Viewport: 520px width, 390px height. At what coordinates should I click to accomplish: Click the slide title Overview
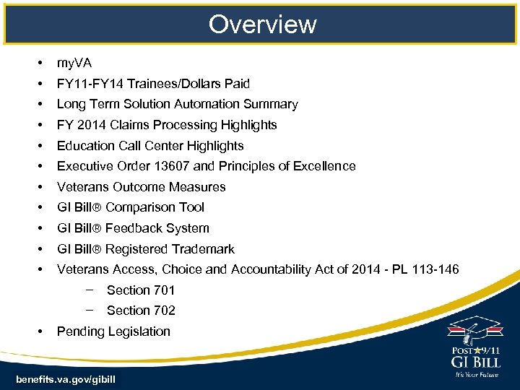pos(262,24)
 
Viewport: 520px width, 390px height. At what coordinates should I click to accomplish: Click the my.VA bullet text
pos(74,63)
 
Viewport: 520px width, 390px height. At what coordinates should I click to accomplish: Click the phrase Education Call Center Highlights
pos(150,146)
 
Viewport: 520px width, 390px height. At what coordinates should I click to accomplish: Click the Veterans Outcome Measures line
pos(141,187)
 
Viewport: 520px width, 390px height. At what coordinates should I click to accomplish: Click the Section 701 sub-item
pos(141,290)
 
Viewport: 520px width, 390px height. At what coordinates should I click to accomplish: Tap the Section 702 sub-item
pos(141,311)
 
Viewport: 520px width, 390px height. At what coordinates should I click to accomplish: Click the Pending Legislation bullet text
pos(113,331)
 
